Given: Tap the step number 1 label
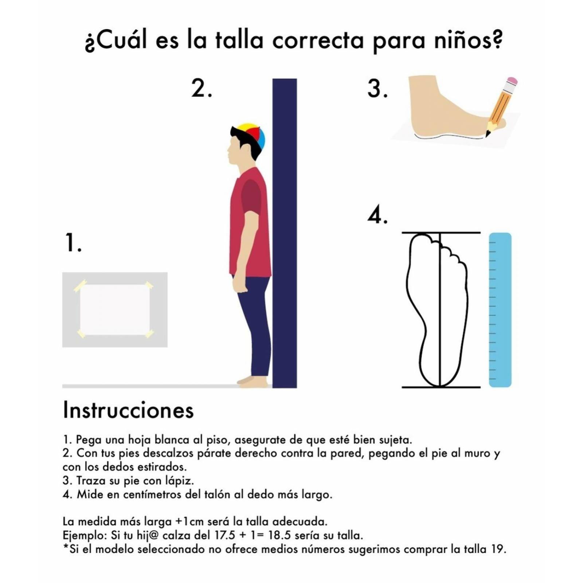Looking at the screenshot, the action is pos(73,243).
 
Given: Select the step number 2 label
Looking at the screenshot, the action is pos(201,89).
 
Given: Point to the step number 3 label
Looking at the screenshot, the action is pos(377,89).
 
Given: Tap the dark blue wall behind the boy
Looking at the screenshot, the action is pos(285,233).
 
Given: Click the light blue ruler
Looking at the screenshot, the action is pos(500,310).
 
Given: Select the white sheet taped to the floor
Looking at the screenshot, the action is pos(115,310).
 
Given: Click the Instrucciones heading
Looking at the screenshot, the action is pos(128,410).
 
